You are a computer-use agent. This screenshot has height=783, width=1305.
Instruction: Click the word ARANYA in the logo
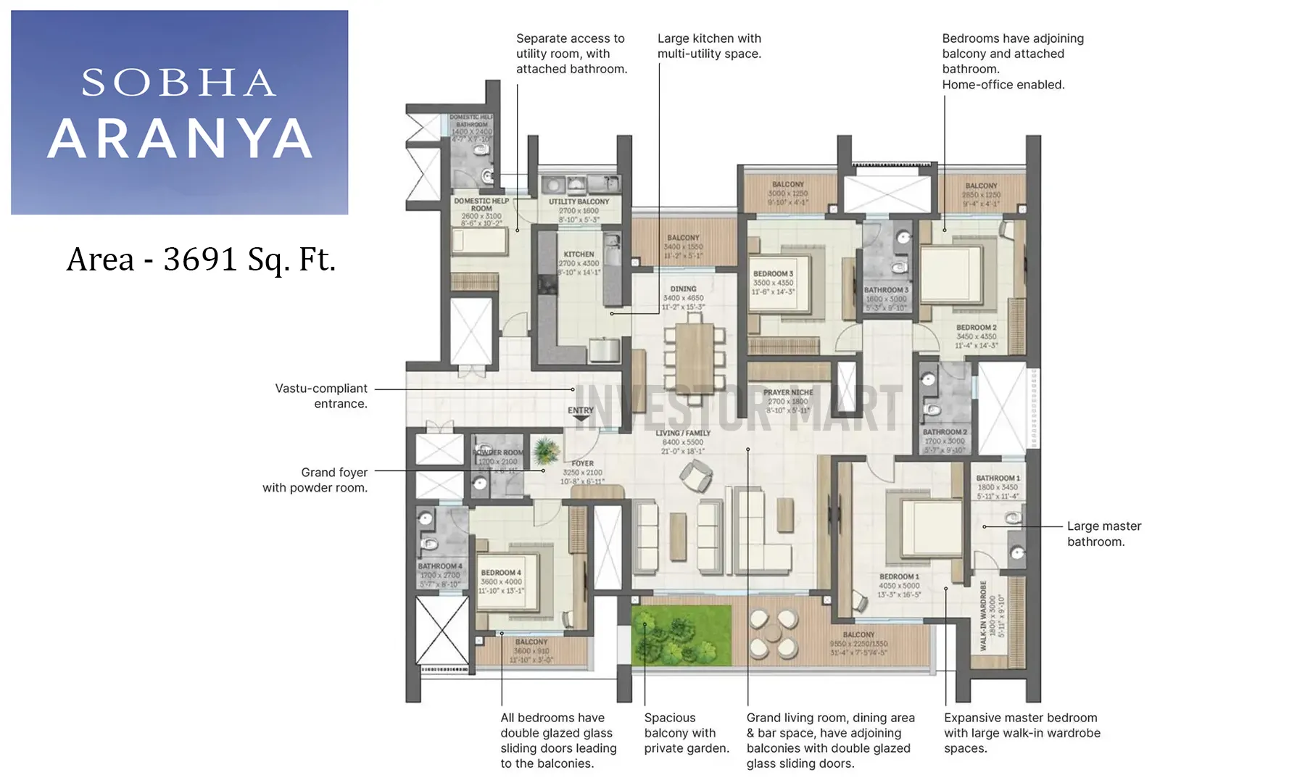coord(180,138)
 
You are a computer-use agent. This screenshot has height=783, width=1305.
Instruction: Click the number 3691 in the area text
coord(200,259)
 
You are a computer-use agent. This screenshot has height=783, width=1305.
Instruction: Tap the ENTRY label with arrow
coord(581,413)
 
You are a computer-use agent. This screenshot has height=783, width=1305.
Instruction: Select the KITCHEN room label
coord(579,254)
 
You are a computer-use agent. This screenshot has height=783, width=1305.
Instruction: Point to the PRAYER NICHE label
coord(788,392)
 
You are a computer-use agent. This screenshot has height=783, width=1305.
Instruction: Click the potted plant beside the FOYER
coord(545,452)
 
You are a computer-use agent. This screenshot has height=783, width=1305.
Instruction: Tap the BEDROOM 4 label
coord(501,573)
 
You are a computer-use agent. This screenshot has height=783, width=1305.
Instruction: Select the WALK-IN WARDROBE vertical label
coord(984,616)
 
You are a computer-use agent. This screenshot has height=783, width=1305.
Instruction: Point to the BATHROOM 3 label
coord(886,290)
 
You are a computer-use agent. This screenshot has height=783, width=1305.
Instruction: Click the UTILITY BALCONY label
coord(579,202)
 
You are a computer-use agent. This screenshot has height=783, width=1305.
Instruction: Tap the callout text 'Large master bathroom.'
coord(1103,534)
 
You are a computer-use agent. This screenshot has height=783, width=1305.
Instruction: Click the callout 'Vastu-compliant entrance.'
coord(321,396)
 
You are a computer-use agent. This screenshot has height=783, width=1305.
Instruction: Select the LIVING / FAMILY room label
coord(683,434)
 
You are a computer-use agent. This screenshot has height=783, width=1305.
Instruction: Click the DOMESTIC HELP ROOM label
coord(481,204)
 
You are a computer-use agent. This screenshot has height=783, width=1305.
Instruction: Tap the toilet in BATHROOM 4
coord(430,544)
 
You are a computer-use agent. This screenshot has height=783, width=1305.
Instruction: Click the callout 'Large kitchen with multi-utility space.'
coord(709,46)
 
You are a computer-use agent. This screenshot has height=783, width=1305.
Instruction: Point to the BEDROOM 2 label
coord(976,328)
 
